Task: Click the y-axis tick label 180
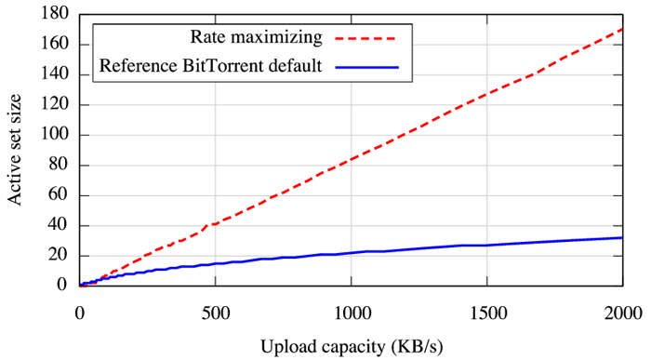[x=52, y=14]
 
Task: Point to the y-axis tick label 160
[x=52, y=45]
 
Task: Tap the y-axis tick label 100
[x=52, y=135]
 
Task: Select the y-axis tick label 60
[x=56, y=195]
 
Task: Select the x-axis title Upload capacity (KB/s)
[x=351, y=345]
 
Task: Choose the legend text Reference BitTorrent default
[x=209, y=67]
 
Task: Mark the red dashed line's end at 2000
[x=621, y=29]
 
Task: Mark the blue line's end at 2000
[x=621, y=237]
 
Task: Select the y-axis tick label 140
[x=52, y=74]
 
